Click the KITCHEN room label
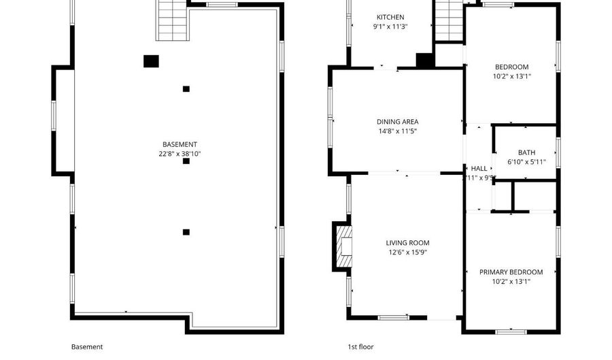tap(390, 17)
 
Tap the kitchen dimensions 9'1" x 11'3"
tap(390, 27)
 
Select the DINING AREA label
tap(398, 122)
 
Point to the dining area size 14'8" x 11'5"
tap(398, 131)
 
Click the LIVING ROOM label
tap(407, 243)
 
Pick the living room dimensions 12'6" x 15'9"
tap(407, 252)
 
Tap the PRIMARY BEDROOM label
tap(511, 272)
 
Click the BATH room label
tap(526, 152)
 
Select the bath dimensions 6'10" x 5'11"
tap(526, 162)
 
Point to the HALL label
tap(479, 168)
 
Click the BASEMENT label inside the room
tap(180, 144)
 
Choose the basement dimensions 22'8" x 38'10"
tap(180, 154)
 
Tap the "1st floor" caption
tap(361, 346)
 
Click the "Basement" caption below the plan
tap(87, 346)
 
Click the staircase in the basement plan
tap(172, 20)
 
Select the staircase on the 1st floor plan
tap(448, 20)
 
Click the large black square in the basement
tap(151, 61)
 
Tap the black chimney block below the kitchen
tap(425, 61)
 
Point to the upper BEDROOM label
tap(511, 67)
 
